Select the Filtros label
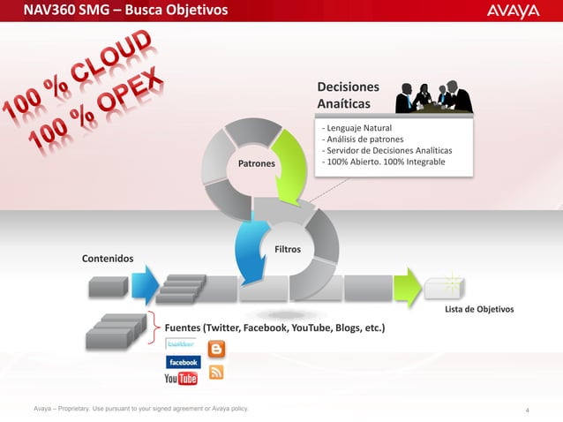pos(288,250)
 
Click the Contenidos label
pos(109,259)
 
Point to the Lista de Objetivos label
pos(478,310)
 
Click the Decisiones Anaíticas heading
pos(349,96)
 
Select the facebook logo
pos(184,362)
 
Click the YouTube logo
pos(181,379)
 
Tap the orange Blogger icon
pos(215,349)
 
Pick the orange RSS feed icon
pos(215,372)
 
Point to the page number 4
pos(526,410)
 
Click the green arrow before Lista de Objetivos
pos(406,288)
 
